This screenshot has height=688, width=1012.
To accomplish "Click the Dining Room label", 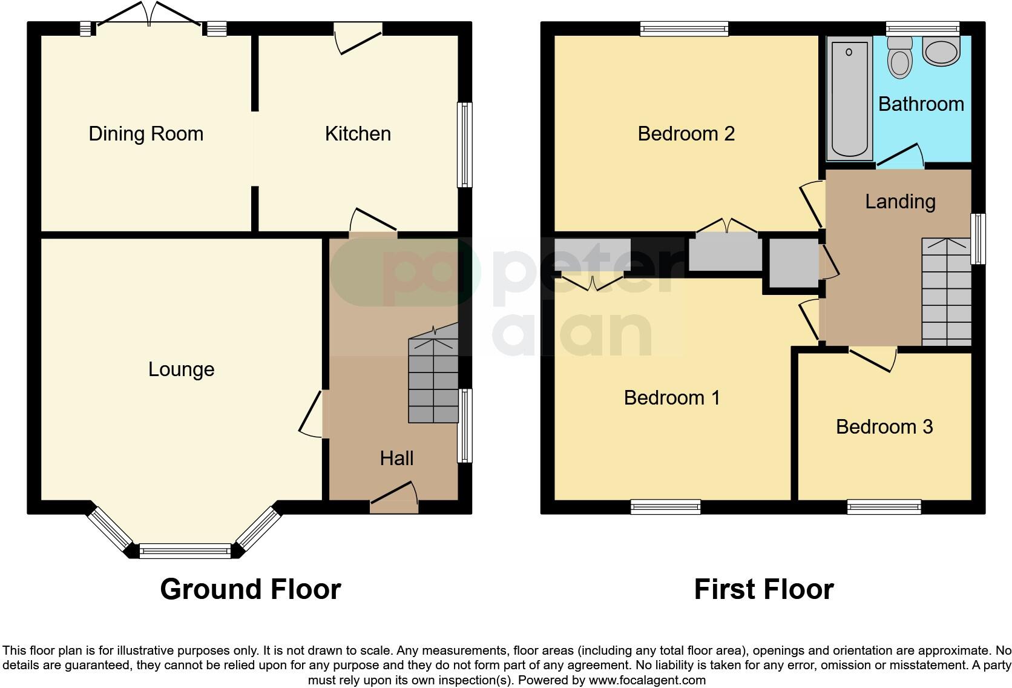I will (146, 134).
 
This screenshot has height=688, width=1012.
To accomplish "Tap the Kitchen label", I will (358, 134).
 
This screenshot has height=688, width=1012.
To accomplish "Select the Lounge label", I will (181, 369).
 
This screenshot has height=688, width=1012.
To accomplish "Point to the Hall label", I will (396, 458).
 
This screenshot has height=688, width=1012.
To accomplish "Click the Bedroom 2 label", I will (686, 134).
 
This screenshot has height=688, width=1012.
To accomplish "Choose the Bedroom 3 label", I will (884, 427).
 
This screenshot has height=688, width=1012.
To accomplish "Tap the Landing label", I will (900, 202).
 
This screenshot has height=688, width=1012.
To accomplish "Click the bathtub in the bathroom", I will (849, 97).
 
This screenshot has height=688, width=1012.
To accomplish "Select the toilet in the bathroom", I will (900, 57).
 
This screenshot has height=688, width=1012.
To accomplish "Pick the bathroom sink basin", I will (941, 51).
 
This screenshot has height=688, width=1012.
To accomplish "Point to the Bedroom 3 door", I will (872, 358).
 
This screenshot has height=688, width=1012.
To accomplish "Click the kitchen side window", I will (464, 145).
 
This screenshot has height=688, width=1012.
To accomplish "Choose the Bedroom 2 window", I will (684, 28).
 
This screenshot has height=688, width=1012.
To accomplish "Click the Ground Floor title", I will (251, 589).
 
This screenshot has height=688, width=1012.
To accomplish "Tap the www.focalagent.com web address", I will (646, 680).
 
